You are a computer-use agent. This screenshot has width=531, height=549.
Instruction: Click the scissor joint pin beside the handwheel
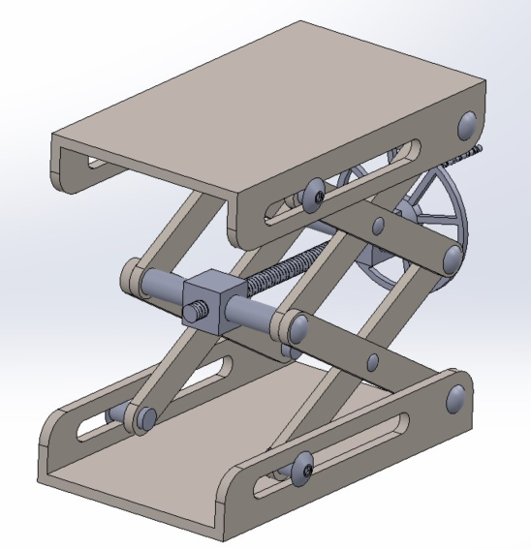[x=452, y=257]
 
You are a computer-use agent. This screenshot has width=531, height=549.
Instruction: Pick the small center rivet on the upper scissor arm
[x=378, y=226]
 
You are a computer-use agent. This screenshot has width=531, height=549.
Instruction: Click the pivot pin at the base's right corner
[x=456, y=396]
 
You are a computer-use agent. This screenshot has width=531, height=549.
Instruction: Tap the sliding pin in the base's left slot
[x=145, y=418]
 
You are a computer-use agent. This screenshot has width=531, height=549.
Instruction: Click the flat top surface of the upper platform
[x=262, y=107]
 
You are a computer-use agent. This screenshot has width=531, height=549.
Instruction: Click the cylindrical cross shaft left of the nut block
[x=160, y=287]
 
